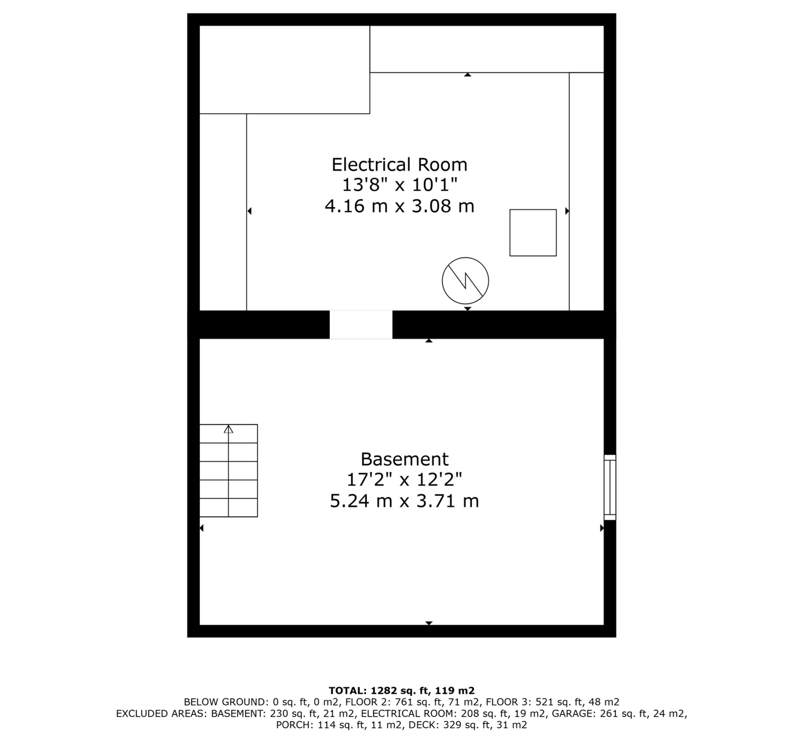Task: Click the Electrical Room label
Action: (x=399, y=165)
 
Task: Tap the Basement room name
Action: (x=404, y=459)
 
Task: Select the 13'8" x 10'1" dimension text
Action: (x=399, y=185)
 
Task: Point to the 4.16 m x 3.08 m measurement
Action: (x=399, y=206)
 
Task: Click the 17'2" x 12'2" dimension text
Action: (x=404, y=480)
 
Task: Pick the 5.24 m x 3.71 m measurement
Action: (x=404, y=501)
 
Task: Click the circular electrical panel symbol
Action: (x=465, y=280)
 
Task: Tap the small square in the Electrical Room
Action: (x=533, y=232)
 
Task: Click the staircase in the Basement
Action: (x=228, y=471)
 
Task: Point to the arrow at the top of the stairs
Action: (x=228, y=429)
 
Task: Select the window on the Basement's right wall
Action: (x=610, y=487)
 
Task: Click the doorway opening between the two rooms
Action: (x=361, y=324)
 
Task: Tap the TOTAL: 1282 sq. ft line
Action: (x=401, y=690)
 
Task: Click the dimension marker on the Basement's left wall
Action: (x=202, y=528)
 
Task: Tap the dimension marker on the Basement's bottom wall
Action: (x=429, y=623)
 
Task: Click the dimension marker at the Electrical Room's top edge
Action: (x=467, y=75)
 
